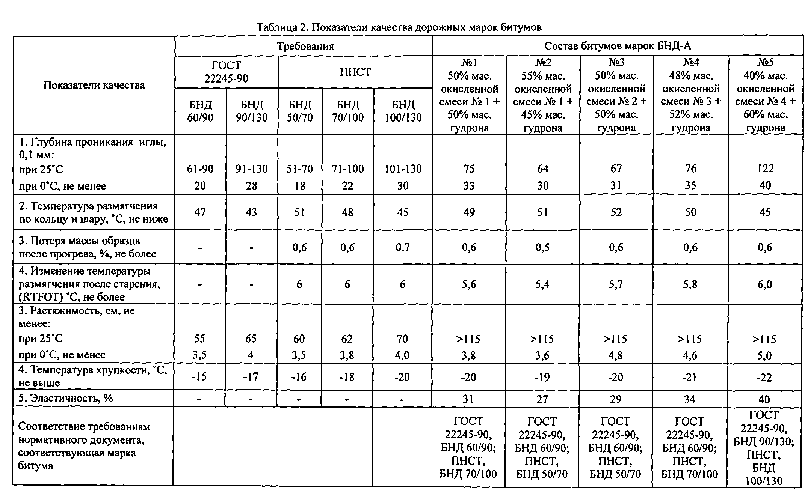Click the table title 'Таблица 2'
point(399,27)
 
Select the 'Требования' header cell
point(305,47)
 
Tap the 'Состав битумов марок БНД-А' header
point(618,46)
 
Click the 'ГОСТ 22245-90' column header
point(226,72)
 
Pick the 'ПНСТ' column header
point(355,72)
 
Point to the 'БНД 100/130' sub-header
point(403,111)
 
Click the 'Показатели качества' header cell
point(94,85)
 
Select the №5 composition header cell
point(765,95)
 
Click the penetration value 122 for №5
point(765,169)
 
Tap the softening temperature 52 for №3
point(616,212)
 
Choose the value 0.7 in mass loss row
point(403,247)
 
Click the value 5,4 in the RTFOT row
point(542,284)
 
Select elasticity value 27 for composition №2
point(542,399)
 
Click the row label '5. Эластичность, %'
point(66,398)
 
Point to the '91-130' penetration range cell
point(251,169)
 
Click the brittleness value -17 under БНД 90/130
point(251,377)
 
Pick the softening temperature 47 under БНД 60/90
point(200,212)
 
